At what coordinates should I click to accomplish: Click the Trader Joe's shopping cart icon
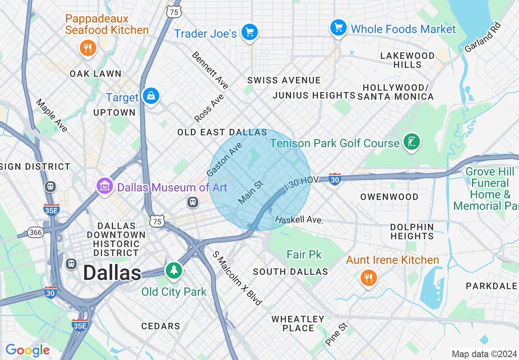(249, 32)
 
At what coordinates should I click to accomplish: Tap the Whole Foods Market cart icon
(338, 27)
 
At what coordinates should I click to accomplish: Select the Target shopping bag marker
(151, 96)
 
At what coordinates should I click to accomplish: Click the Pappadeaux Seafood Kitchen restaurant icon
(87, 48)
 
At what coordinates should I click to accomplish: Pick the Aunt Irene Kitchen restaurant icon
(369, 278)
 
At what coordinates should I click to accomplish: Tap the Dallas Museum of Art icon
(105, 187)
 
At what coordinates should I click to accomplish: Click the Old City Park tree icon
(174, 270)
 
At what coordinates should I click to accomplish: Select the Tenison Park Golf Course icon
(412, 142)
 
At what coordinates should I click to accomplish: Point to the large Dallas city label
(112, 273)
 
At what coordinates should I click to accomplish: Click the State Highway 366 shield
(36, 232)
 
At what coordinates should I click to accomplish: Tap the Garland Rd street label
(483, 37)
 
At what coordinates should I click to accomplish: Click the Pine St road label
(336, 334)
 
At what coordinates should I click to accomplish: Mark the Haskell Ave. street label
(299, 220)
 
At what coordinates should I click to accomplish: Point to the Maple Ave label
(52, 116)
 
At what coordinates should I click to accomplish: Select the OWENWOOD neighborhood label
(389, 197)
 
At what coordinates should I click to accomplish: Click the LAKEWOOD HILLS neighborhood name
(407, 60)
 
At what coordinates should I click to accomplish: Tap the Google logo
(27, 350)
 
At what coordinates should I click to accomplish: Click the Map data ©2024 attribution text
(484, 353)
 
